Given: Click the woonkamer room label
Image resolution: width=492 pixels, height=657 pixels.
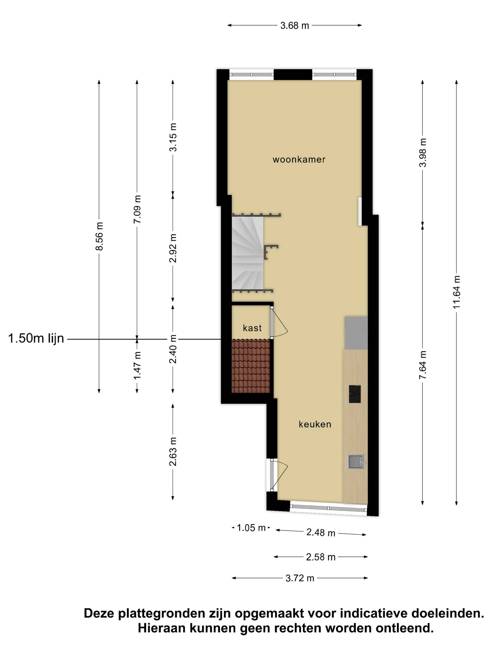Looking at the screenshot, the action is pos(299,159).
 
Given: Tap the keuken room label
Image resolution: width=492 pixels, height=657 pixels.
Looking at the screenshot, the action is pos(315,424).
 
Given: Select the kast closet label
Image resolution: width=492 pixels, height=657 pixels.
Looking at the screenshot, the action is pos(252,328).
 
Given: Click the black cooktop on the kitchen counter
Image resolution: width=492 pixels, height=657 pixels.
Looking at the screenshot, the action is pos(355,394).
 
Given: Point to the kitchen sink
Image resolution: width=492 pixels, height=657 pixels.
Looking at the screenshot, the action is pos(356,462).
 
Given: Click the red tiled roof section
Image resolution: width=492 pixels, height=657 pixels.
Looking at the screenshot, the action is pos(251,366).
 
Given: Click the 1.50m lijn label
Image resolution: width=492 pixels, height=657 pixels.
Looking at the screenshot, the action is pos(36,338).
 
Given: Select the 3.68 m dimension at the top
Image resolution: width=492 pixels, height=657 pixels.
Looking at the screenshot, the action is pos(294,26).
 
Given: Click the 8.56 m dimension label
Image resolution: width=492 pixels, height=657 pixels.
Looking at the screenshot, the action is pos(99,236).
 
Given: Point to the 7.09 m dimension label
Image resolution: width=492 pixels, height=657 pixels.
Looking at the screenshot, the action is pos(137,209).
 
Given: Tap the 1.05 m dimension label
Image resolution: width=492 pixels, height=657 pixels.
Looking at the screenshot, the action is pos(251,528).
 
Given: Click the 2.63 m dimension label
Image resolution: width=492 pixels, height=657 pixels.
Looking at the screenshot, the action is pos(173,451).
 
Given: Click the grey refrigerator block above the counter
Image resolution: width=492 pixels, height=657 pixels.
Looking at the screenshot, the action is pos(356,333).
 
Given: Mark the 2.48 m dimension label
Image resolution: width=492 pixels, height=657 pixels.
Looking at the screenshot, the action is pos(321,533).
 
